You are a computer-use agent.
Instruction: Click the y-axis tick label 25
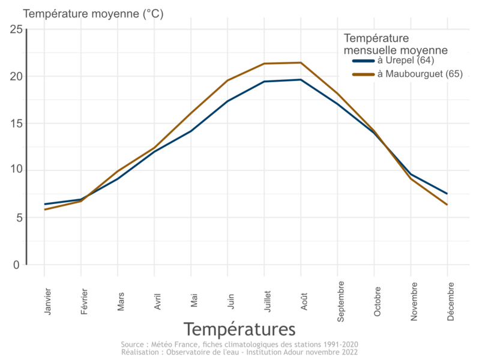(15, 29)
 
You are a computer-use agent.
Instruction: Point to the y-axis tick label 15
(15, 124)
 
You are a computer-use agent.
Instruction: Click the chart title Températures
(239, 329)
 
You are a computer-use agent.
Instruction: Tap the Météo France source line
(239, 344)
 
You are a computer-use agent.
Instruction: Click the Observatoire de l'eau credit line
(239, 352)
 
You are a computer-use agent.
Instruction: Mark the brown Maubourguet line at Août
(301, 63)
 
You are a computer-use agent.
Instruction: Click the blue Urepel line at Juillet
(264, 82)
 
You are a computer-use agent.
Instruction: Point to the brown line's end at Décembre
(447, 205)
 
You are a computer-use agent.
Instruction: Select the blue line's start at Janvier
(44, 204)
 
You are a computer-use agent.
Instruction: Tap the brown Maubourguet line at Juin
(227, 80)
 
